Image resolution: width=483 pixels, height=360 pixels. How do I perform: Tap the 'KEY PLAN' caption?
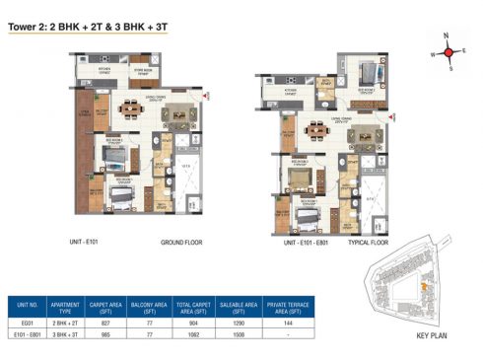434,337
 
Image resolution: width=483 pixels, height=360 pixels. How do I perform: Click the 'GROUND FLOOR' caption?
182,241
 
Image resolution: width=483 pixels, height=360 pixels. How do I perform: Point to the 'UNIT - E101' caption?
96,241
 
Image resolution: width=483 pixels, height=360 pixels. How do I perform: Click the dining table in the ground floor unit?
129,108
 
